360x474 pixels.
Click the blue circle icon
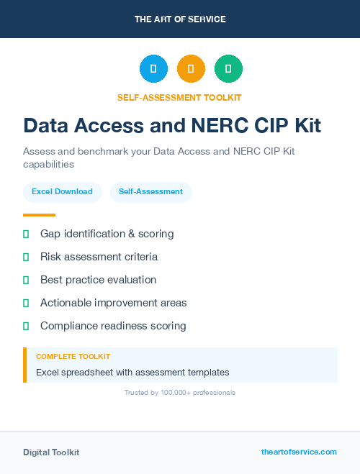tap(153, 68)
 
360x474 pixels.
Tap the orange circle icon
tap(191, 68)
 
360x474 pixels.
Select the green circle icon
tap(228, 68)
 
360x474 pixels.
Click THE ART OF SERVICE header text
tap(180, 19)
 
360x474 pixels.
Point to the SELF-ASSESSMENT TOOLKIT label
tap(179, 97)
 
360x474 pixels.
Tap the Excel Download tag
tap(62, 192)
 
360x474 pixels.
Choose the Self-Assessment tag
tap(150, 192)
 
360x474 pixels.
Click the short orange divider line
tap(39, 214)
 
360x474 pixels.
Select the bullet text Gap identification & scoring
tap(107, 234)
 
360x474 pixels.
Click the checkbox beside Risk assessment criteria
tap(26, 257)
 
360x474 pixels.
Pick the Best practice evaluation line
tap(98, 280)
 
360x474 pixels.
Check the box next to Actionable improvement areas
tap(26, 303)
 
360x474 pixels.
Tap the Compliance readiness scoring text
tap(113, 326)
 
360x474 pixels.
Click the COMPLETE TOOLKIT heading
tap(73, 357)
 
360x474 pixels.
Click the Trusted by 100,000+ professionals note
tap(179, 393)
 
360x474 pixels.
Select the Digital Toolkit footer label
tap(51, 452)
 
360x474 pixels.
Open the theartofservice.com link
tap(299, 452)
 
